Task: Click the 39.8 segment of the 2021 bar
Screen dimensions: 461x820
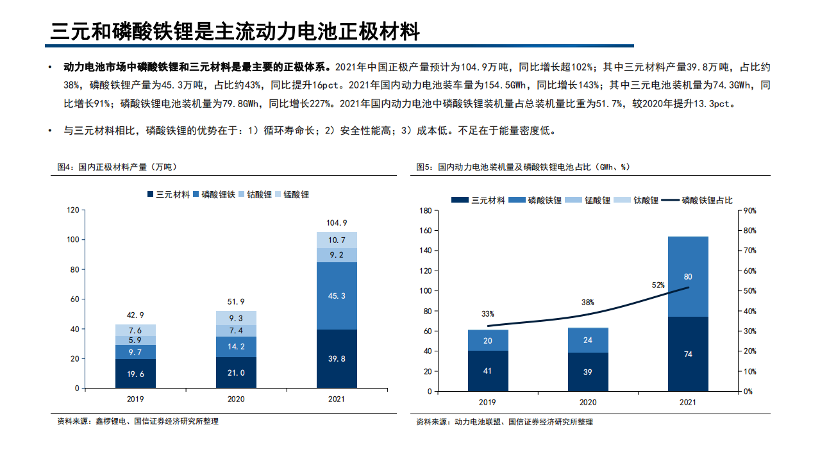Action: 337,358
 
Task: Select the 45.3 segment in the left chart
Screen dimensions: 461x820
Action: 337,296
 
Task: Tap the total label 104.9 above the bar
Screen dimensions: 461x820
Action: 337,222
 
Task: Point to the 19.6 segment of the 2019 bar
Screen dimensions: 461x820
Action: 135,373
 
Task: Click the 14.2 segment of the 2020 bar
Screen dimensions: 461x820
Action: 236,346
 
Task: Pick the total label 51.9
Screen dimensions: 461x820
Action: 236,301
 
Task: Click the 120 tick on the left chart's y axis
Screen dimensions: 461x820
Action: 72,210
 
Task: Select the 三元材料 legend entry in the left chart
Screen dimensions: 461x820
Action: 169,194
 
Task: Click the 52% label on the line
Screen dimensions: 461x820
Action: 658,285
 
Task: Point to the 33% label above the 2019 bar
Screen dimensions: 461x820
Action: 488,314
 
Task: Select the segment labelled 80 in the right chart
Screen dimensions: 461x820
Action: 688,276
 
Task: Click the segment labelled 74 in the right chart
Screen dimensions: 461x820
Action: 688,354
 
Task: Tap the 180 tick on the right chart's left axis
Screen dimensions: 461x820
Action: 424,210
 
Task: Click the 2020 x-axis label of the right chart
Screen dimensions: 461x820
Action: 588,402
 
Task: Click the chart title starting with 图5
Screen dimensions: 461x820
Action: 523,167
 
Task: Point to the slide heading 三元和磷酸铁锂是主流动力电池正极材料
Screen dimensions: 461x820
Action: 235,31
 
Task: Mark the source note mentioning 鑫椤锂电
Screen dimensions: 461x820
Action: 137,421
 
